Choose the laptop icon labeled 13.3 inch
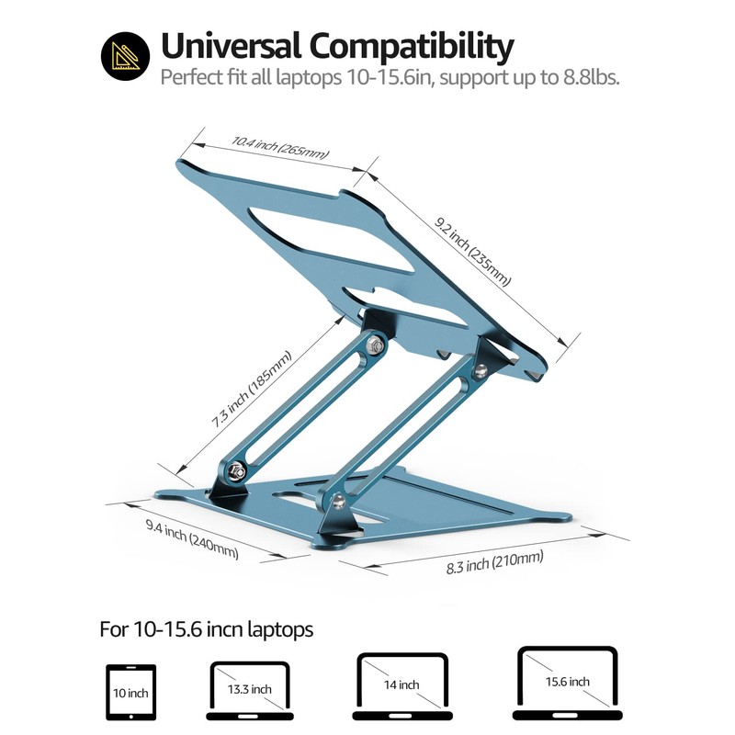tap(247, 688)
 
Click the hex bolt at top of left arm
tap(374, 345)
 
